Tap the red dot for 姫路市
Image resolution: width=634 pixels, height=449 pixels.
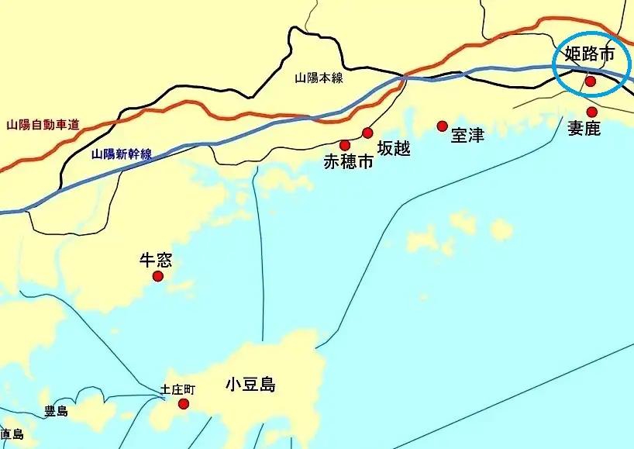coord(591,81)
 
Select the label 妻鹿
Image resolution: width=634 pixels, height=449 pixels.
coord(584,129)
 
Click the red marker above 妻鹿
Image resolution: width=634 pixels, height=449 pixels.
coord(592,112)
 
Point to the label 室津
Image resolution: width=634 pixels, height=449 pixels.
coord(467,136)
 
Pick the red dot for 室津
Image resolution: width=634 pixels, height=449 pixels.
coord(443,126)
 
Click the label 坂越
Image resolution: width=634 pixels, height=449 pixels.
coord(393,148)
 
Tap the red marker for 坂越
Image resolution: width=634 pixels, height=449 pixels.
coord(367,133)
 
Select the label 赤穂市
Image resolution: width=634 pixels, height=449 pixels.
coord(348,162)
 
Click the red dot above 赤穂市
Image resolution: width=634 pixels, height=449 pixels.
coord(345,145)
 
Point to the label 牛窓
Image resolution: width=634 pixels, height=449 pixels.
coord(155,260)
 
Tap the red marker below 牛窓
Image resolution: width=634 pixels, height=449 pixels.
coord(158,276)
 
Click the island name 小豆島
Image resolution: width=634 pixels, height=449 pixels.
coord(251,385)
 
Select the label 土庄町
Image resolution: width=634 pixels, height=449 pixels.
coord(179,389)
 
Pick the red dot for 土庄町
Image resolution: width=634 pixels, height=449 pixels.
coord(184,403)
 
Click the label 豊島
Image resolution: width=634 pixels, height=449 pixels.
coord(56,411)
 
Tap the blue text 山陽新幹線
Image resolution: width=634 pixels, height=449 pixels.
coord(121,154)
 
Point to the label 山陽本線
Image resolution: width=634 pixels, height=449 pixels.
coord(319,78)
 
